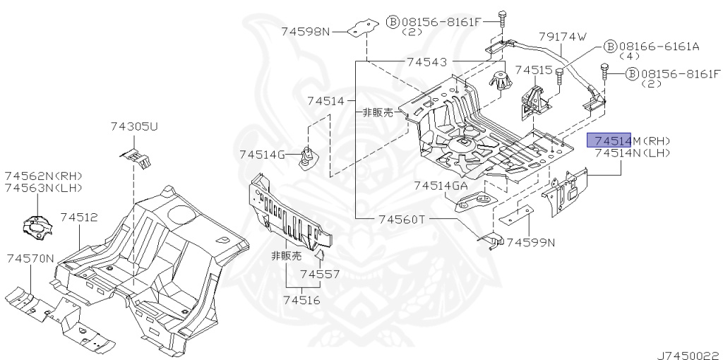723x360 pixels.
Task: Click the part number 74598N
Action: coord(306,32)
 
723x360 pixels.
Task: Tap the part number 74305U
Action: coord(133,126)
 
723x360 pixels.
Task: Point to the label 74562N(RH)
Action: coord(43,176)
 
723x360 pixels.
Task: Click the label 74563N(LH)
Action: coord(43,188)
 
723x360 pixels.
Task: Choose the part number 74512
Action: coord(79,217)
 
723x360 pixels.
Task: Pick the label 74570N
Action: coord(30,258)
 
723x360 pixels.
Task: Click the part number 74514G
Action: coord(263,155)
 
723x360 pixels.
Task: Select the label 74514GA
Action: coord(441,186)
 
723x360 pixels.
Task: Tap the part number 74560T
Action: coord(402,220)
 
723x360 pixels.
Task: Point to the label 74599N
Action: coord(531,242)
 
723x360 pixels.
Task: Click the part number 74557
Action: coord(320,275)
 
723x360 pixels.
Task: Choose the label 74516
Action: coord(301,300)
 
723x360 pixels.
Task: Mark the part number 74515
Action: coord(533,70)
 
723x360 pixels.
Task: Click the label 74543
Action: coord(426,62)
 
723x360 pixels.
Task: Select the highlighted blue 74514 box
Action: coord(609,140)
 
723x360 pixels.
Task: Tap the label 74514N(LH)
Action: coord(633,153)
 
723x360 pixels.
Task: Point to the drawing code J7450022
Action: coord(689,355)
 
